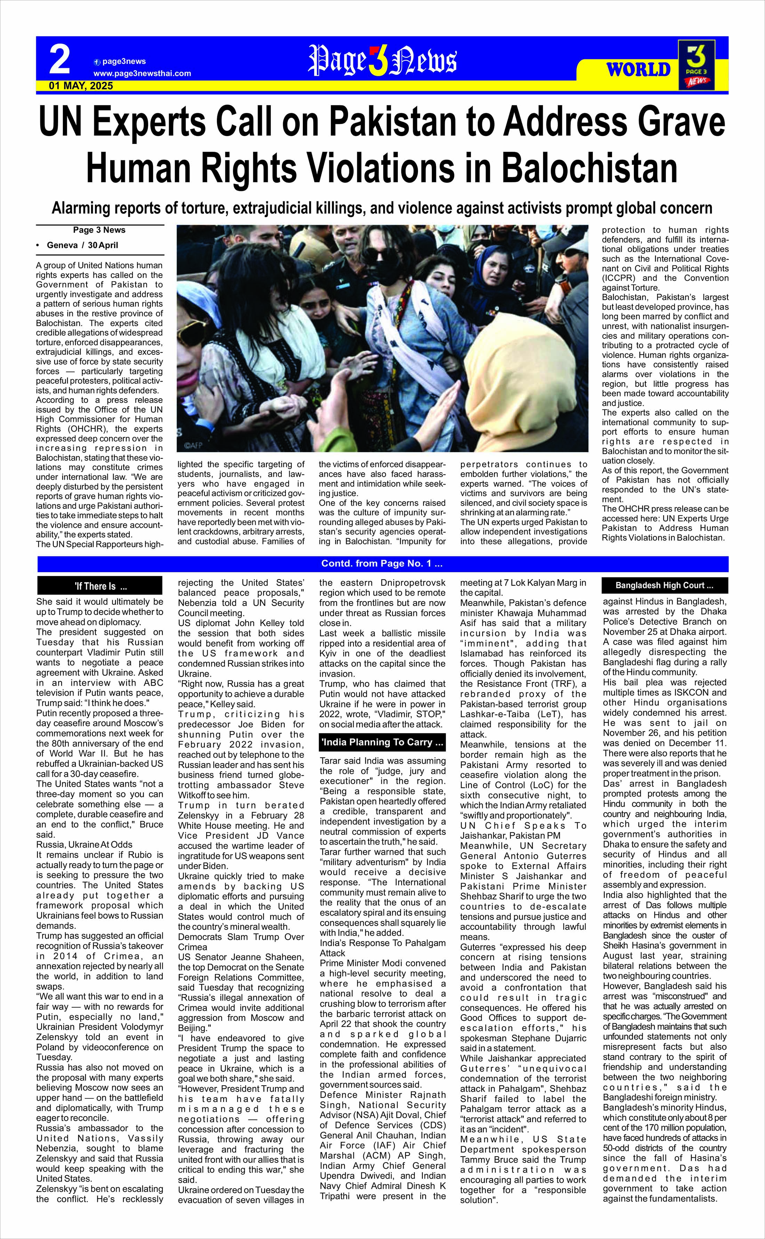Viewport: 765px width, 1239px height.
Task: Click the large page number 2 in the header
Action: coord(60,60)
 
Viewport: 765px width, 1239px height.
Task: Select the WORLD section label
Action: coord(638,69)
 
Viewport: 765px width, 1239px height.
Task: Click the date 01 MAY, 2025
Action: coord(81,86)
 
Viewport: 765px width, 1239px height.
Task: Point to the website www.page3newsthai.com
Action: coord(142,73)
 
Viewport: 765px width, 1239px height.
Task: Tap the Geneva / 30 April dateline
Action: coord(82,245)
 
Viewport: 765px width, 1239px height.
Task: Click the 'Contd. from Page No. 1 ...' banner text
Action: coord(382,564)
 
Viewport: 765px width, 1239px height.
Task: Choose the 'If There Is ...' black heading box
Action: coord(100,586)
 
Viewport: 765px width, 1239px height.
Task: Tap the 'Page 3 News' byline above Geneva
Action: coord(99,230)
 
